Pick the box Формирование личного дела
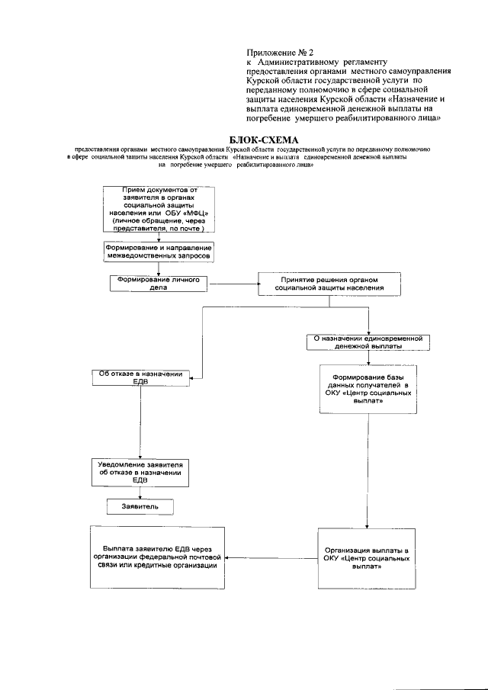pos(159,284)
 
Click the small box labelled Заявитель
pos(140,506)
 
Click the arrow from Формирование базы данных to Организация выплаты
pos(369,469)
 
